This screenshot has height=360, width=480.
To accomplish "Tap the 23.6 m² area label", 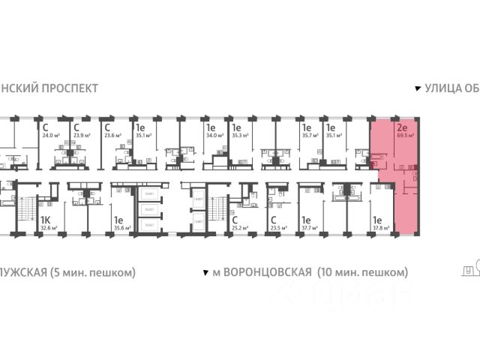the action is click(114, 136).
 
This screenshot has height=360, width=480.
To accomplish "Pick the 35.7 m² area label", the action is click(308, 136).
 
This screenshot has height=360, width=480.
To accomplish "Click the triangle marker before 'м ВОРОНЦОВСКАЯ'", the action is click(205, 271).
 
